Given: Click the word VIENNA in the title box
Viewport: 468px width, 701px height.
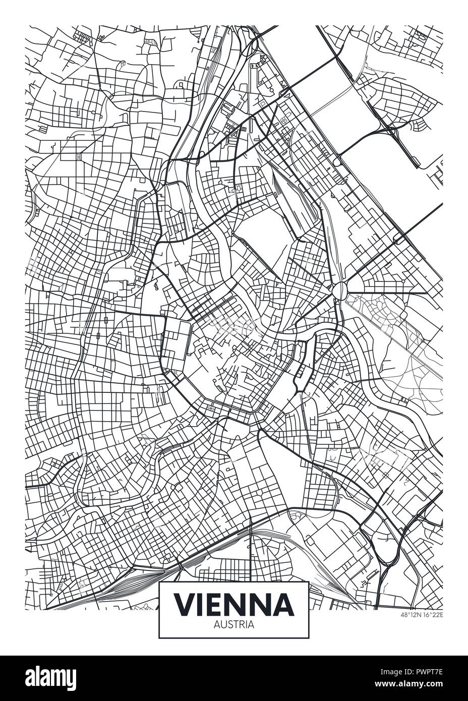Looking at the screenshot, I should pos(233,604).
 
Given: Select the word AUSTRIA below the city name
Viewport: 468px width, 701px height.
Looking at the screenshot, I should pos(233,624).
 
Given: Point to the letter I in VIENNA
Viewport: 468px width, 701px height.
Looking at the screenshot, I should pos(203,604).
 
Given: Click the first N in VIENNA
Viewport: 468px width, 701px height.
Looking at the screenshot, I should pos(241,604).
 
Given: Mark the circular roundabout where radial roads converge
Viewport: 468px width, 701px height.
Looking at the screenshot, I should pos(340,289).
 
